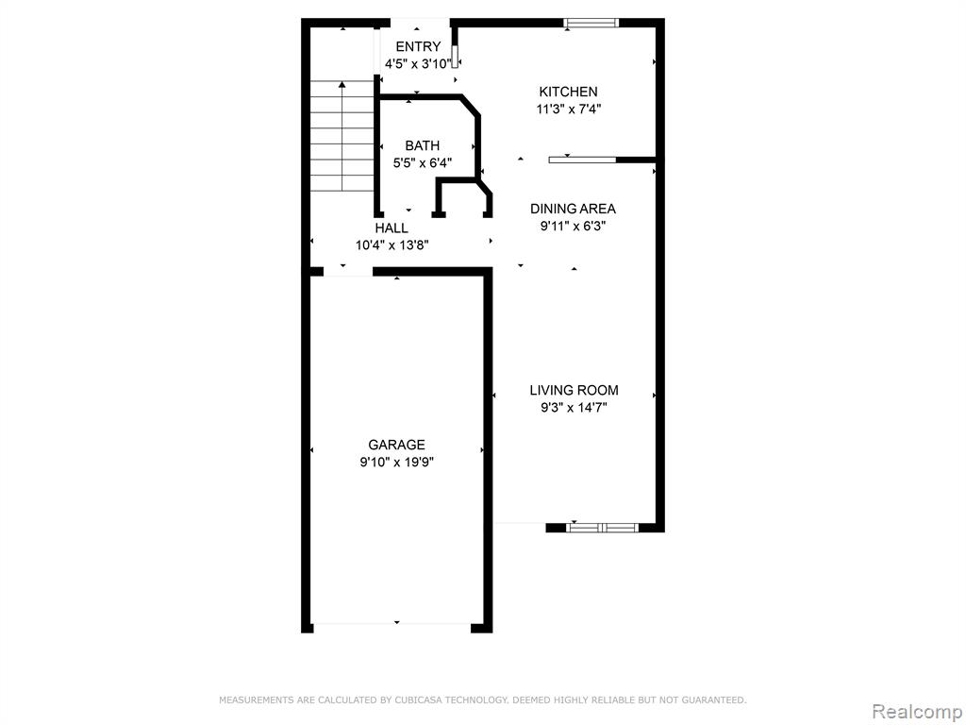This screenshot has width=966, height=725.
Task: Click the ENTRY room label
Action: (x=418, y=47)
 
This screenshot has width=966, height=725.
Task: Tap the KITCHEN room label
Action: (x=568, y=92)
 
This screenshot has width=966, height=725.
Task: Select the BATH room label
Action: (x=422, y=146)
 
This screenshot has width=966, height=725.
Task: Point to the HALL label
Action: (x=391, y=228)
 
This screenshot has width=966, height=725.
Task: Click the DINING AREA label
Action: (x=573, y=209)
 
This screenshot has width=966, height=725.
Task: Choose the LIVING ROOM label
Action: (x=574, y=390)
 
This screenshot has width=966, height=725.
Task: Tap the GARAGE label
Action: (x=397, y=445)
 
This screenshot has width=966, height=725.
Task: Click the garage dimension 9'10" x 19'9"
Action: (x=397, y=463)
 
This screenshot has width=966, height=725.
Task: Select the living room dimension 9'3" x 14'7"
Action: (x=574, y=408)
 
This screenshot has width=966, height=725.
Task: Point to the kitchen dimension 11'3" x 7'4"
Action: (x=569, y=110)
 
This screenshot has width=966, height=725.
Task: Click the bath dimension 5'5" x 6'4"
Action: (x=423, y=163)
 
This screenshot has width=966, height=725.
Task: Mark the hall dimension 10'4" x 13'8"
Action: (x=391, y=245)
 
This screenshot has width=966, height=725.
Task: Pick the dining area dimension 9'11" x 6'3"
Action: (x=573, y=227)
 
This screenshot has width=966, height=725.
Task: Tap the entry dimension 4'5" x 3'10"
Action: (x=418, y=63)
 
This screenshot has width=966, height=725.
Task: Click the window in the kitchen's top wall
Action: (x=591, y=24)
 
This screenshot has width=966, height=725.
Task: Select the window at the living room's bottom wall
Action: (x=602, y=528)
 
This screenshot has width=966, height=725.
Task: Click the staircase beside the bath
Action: (x=341, y=136)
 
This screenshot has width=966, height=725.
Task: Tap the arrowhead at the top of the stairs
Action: (x=341, y=84)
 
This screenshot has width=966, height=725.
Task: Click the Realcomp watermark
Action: (x=917, y=712)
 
